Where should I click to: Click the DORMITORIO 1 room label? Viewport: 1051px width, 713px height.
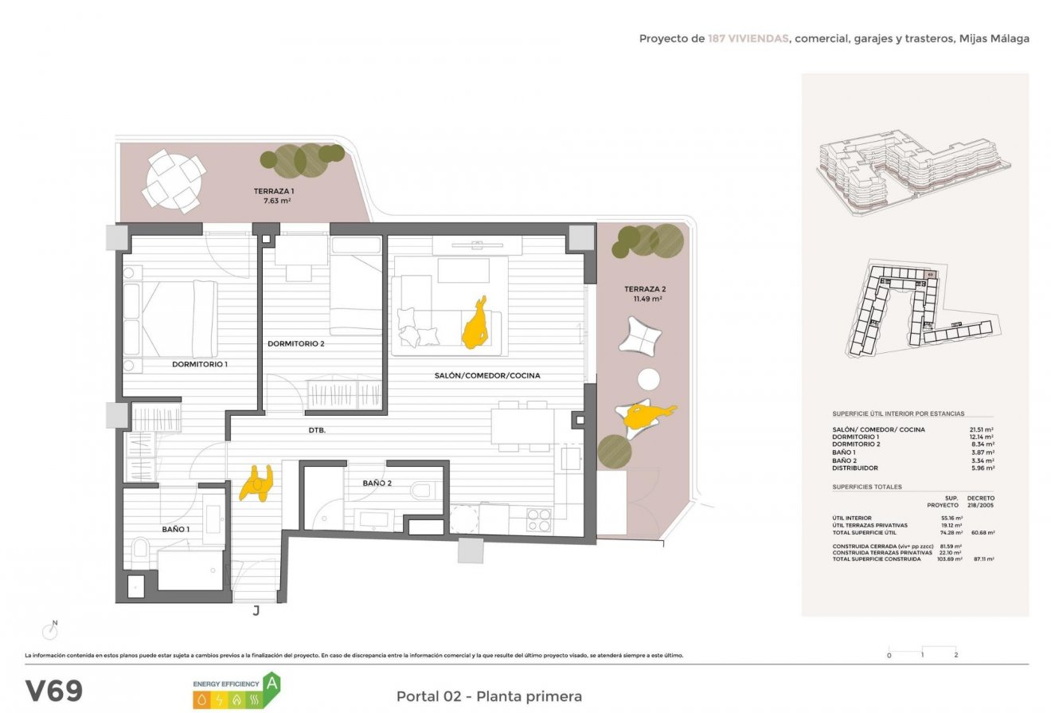pyautogui.click(x=200, y=364)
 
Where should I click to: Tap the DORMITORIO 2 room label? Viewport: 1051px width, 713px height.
pyautogui.click(x=296, y=344)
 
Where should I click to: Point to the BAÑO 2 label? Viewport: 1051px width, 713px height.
pyautogui.click(x=377, y=483)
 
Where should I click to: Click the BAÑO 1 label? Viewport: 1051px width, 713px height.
pyautogui.click(x=176, y=529)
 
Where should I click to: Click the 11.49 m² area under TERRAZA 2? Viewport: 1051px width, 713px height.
pyautogui.click(x=648, y=299)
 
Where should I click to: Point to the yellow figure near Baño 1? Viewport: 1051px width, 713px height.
pyautogui.click(x=256, y=483)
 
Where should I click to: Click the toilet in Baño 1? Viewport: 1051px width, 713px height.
pyautogui.click(x=140, y=548)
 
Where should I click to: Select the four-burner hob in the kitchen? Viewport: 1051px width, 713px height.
pyautogui.click(x=539, y=519)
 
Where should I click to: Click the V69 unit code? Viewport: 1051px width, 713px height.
pyautogui.click(x=53, y=691)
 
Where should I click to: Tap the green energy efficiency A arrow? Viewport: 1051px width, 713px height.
pyautogui.click(x=272, y=683)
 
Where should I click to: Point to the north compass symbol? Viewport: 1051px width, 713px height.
pyautogui.click(x=51, y=630)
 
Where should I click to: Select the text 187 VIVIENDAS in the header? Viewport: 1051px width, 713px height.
pyautogui.click(x=748, y=38)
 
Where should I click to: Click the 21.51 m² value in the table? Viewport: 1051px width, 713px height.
pyautogui.click(x=983, y=429)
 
